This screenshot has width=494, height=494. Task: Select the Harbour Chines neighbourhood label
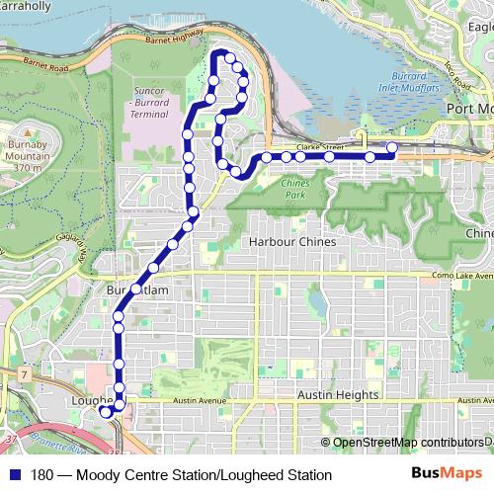click(292, 241)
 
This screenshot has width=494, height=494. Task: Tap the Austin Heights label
click(337, 394)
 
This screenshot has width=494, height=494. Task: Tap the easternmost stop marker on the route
click(392, 148)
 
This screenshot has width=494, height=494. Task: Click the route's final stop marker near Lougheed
click(106, 412)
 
